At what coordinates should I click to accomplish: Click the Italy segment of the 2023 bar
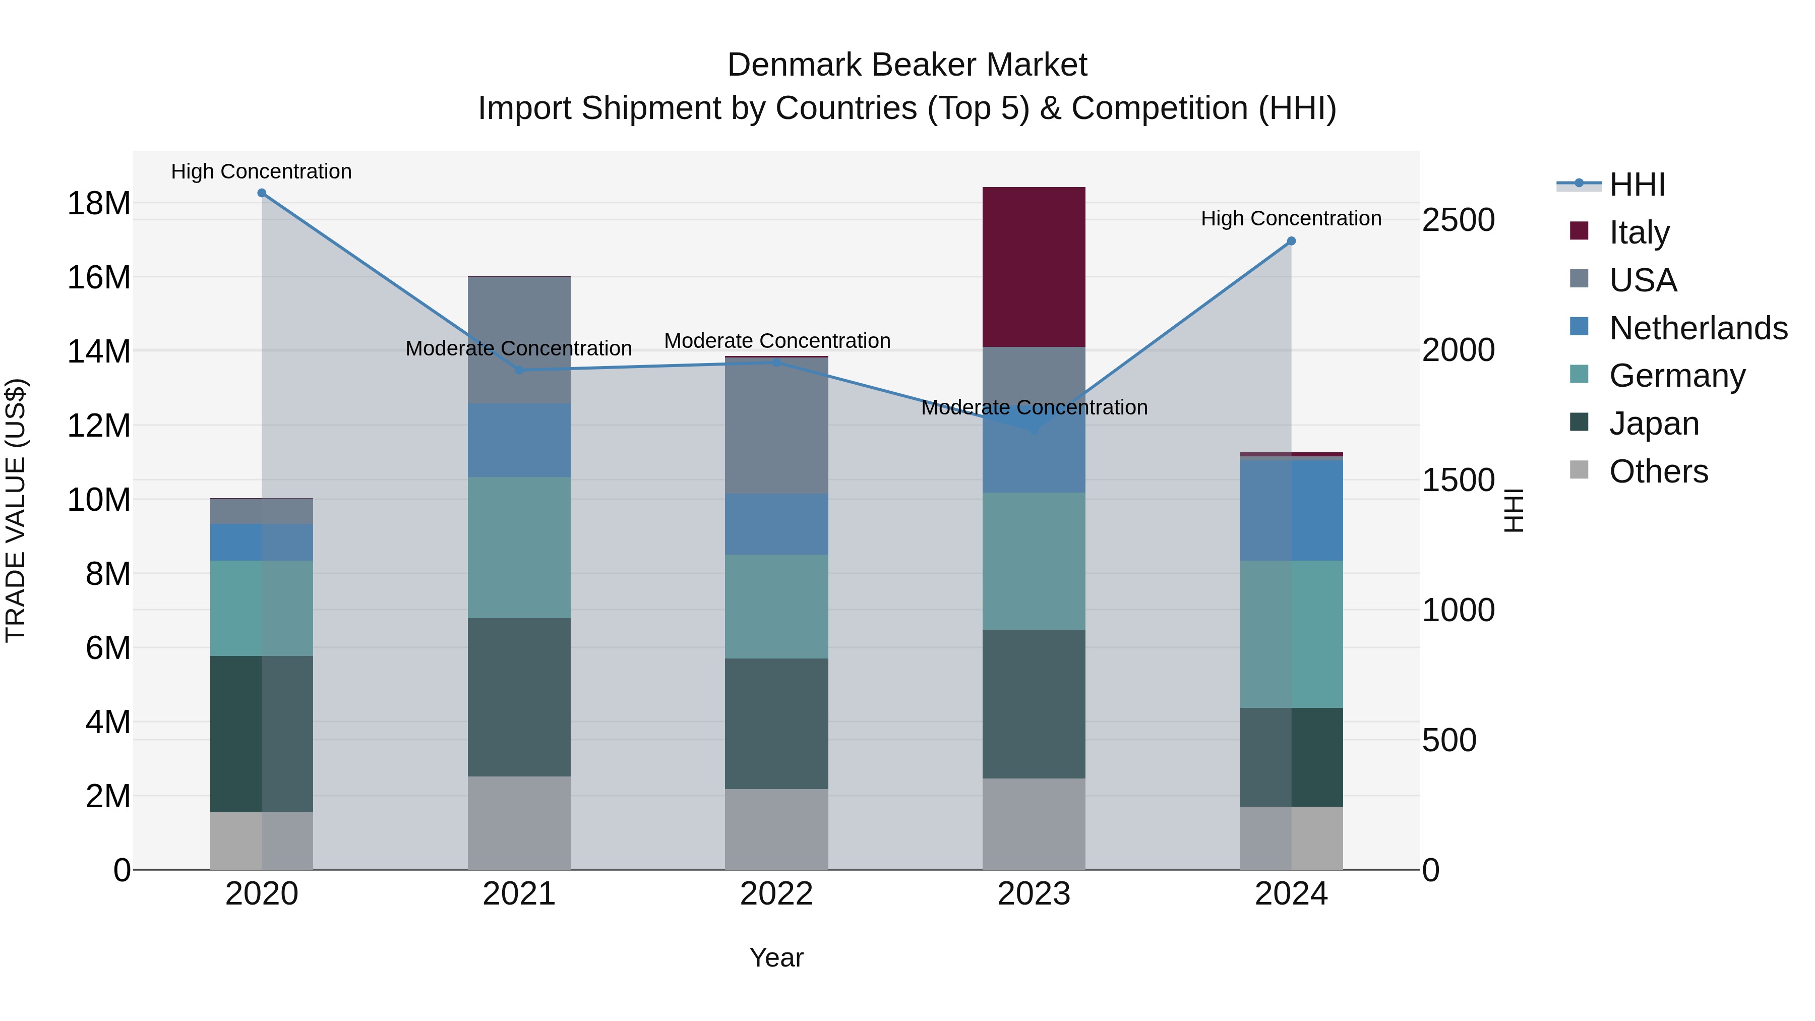pos(1034,267)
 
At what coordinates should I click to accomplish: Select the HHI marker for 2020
pos(261,193)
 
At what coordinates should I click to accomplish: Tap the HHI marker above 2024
pos(1291,241)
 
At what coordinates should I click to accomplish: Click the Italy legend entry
pos(1639,232)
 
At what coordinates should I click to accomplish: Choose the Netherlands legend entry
pos(1698,328)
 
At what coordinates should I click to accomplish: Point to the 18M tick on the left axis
pos(99,204)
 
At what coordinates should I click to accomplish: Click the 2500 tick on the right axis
pos(1458,220)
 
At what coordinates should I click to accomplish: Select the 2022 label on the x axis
pos(776,894)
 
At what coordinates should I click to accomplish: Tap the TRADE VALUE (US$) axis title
pos(16,510)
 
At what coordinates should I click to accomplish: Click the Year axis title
pos(776,957)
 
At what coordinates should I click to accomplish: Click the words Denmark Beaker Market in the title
pos(907,65)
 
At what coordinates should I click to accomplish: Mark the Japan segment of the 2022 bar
pos(776,724)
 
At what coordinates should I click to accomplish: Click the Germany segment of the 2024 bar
pos(1291,634)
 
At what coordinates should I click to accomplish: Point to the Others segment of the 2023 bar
pos(1034,824)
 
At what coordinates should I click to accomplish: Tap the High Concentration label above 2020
pos(261,171)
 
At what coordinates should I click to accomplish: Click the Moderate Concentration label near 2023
pos(1034,407)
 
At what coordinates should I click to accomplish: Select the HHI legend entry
pos(1636,185)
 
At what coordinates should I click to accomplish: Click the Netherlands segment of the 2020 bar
pos(261,543)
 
